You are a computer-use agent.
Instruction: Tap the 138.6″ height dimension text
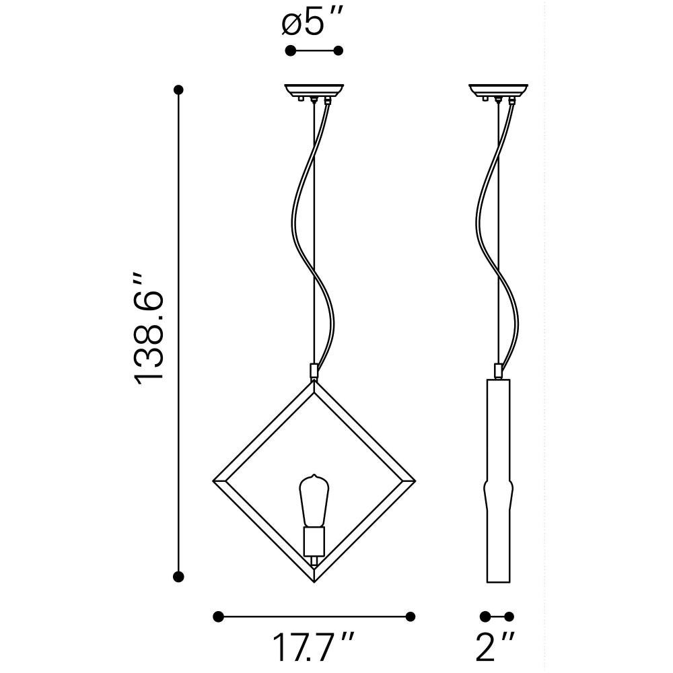[x=148, y=329]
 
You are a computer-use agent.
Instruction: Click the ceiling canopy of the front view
[x=314, y=92]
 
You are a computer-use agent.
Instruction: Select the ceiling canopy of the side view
[x=498, y=92]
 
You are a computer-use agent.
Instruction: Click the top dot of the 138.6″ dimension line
[x=178, y=90]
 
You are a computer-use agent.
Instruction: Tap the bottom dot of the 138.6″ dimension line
[x=178, y=577]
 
